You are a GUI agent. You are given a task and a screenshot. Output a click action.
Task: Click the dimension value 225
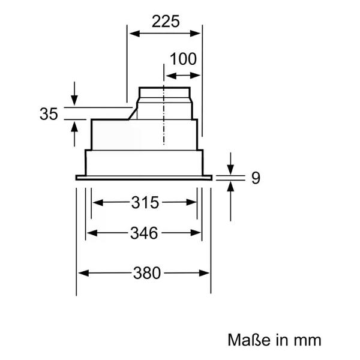click(x=166, y=22)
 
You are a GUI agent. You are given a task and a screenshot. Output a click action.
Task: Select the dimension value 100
click(x=183, y=59)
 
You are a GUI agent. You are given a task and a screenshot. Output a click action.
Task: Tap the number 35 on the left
click(x=49, y=114)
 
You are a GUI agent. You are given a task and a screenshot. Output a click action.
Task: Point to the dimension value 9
click(x=256, y=178)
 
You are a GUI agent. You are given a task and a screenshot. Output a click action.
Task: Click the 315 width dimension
click(x=145, y=203)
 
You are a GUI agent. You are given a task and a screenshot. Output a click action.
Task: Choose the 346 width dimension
click(x=144, y=233)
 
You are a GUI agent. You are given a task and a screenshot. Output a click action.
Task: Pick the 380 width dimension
click(x=147, y=273)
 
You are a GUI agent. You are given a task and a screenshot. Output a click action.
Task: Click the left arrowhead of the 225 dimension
click(x=134, y=34)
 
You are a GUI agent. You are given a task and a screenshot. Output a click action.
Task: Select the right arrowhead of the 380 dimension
click(x=204, y=273)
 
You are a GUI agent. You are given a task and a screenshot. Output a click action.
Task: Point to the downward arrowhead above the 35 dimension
click(x=74, y=100)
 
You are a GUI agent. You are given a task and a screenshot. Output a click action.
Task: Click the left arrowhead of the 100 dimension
click(x=171, y=76)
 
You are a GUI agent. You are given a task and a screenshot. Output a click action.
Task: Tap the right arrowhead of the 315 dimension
click(x=191, y=203)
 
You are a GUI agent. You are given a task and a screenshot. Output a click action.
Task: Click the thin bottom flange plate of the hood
click(x=144, y=178)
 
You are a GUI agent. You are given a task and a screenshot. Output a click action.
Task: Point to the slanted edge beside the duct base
click(x=133, y=113)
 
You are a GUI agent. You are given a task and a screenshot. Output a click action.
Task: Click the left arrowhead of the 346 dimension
click(x=92, y=233)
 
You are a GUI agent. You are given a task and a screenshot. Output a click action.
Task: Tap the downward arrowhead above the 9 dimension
click(x=231, y=169)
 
